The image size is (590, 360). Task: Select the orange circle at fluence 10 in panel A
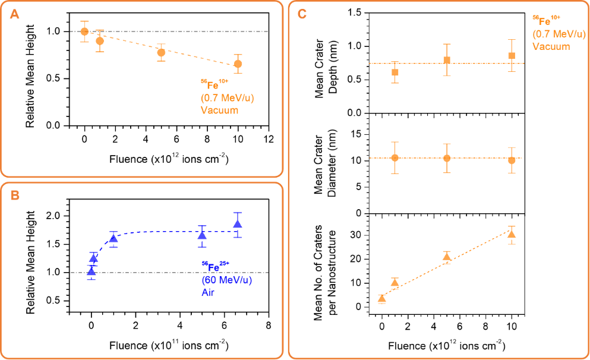pyautogui.click(x=238, y=64)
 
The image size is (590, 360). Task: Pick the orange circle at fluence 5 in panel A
pyautogui.click(x=161, y=52)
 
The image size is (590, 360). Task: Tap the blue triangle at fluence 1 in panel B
pyautogui.click(x=113, y=239)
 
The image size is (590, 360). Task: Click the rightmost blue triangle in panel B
pyautogui.click(x=238, y=224)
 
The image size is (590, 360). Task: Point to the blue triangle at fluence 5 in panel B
pyautogui.click(x=202, y=235)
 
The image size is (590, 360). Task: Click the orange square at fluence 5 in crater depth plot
pyautogui.click(x=447, y=60)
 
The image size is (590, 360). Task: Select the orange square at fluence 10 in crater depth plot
pyautogui.click(x=512, y=56)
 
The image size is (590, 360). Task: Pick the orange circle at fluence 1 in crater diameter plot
pyautogui.click(x=395, y=158)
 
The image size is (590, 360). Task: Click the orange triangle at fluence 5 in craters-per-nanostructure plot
pyautogui.click(x=447, y=257)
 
